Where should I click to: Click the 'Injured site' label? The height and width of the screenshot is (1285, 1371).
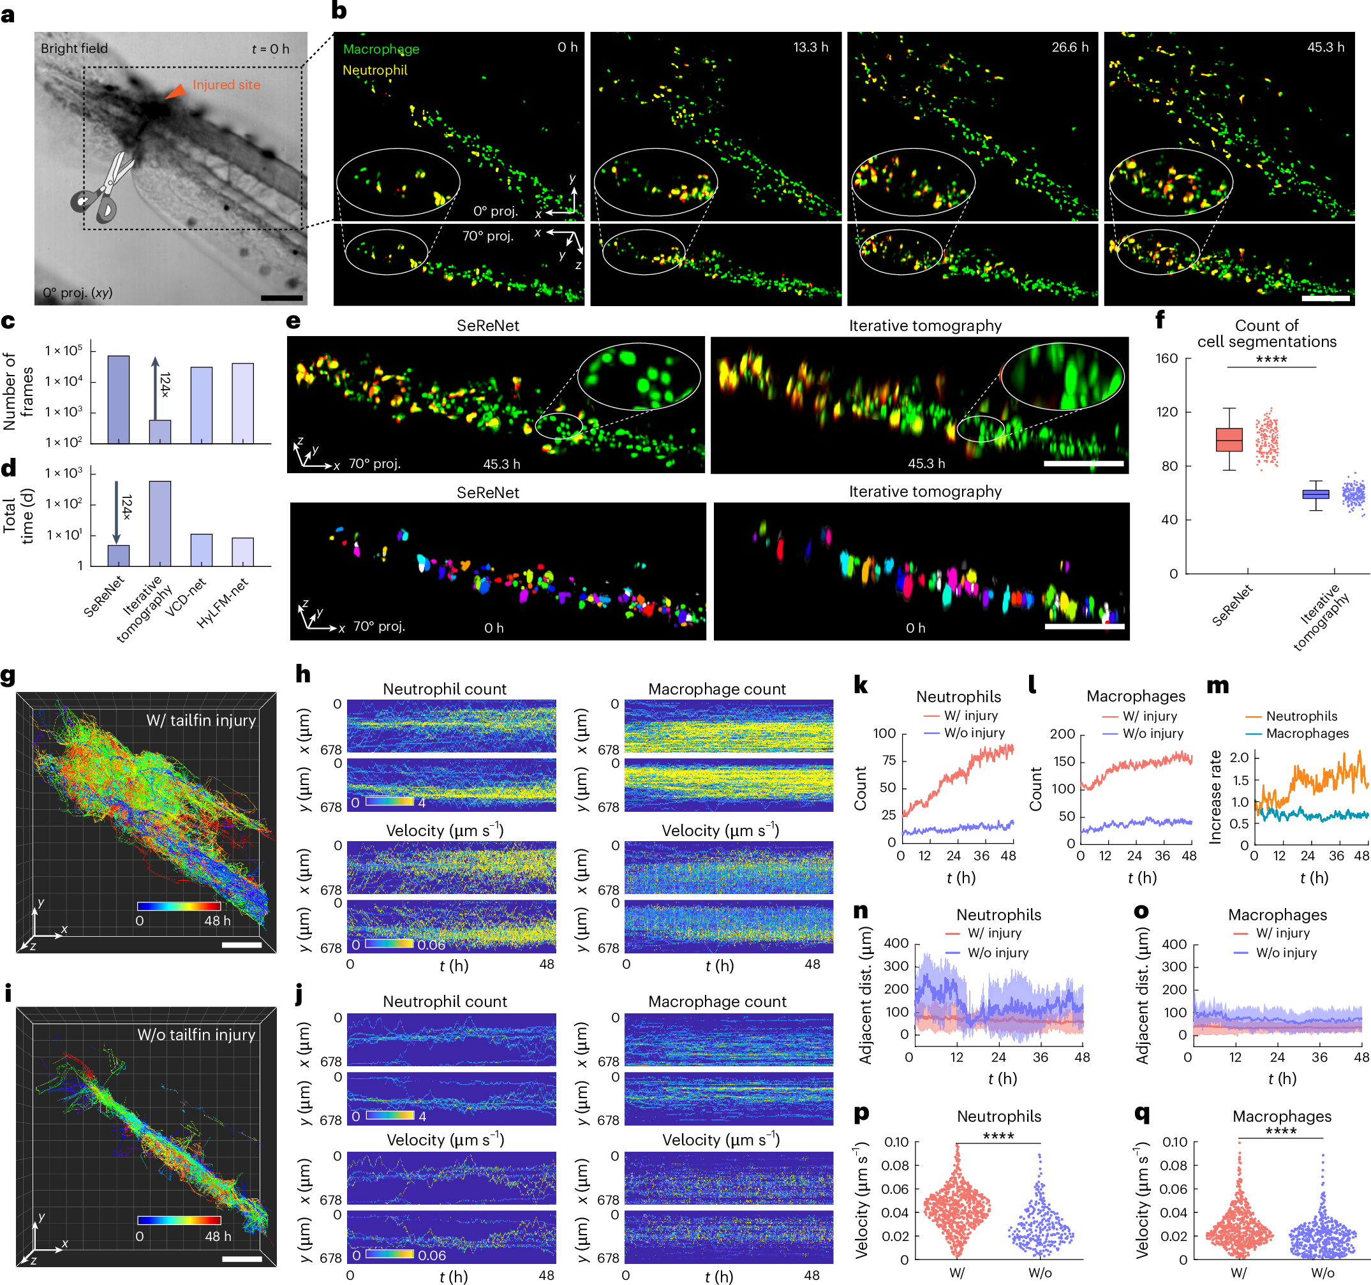coord(226,85)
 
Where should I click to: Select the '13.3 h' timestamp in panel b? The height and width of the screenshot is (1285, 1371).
coord(810,47)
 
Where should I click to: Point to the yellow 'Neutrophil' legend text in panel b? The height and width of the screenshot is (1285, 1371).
coord(374,70)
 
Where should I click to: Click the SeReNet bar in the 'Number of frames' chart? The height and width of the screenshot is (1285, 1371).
coord(119,399)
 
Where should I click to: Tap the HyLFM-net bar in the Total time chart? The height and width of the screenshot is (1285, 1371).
coord(243,552)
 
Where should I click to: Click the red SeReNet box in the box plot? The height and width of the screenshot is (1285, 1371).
coord(1229,439)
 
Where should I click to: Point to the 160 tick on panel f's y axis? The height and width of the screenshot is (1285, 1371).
coord(1167,358)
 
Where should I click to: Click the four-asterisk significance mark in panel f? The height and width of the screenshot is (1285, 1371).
coord(1271,359)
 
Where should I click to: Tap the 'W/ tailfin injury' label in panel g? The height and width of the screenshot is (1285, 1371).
coord(201,721)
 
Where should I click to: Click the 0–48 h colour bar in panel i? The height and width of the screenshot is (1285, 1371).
coord(179,1220)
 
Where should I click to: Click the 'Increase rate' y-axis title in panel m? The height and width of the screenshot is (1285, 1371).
coord(1215,797)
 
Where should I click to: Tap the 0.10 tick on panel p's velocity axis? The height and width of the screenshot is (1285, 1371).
coord(896,1142)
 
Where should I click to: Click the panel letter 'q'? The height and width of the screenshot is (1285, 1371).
coord(1142,1113)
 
